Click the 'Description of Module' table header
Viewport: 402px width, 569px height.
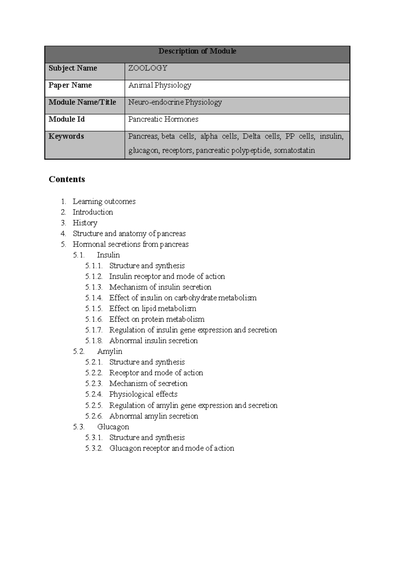point(197,51)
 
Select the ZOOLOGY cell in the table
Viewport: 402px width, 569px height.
point(148,68)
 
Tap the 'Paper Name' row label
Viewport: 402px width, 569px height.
point(70,85)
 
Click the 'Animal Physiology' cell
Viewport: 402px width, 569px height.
point(160,85)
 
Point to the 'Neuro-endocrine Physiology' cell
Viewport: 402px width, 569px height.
point(175,102)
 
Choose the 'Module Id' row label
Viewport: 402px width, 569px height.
point(66,119)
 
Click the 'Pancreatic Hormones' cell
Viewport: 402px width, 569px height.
point(163,119)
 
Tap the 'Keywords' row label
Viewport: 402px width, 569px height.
point(66,136)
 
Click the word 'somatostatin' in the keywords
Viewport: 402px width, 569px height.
point(294,150)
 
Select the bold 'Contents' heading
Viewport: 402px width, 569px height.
point(67,179)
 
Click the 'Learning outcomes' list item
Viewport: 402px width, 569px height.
point(104,201)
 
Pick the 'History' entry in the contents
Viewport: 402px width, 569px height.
point(85,223)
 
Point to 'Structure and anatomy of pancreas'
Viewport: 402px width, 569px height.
point(129,234)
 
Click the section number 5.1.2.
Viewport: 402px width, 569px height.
point(93,276)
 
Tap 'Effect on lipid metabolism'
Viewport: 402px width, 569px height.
point(152,309)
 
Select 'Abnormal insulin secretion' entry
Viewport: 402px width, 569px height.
point(153,341)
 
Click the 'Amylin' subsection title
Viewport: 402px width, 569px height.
point(110,352)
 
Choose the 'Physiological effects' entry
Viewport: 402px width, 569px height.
point(143,394)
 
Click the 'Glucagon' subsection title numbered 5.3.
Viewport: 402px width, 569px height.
point(113,427)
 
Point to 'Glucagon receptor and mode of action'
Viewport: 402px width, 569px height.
point(172,448)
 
